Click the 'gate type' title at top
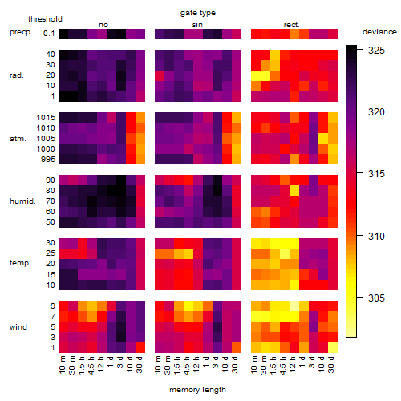click(x=198, y=13)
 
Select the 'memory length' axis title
click(x=197, y=390)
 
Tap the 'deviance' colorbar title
click(x=379, y=32)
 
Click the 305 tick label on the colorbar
click(x=376, y=298)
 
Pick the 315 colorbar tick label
click(x=376, y=174)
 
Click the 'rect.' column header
click(x=291, y=25)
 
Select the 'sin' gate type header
click(x=197, y=25)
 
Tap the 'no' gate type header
click(x=103, y=25)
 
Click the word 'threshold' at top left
click(x=45, y=19)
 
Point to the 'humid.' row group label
click(x=22, y=201)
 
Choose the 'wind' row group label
click(x=18, y=327)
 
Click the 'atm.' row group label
click(x=18, y=139)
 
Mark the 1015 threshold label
click(x=46, y=118)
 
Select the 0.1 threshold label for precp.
click(x=49, y=34)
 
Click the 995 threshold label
click(x=48, y=160)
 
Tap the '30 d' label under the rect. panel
click(x=331, y=364)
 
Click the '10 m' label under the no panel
click(x=62, y=364)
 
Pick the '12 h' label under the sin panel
click(x=196, y=364)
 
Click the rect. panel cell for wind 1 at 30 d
click(x=333, y=347)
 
